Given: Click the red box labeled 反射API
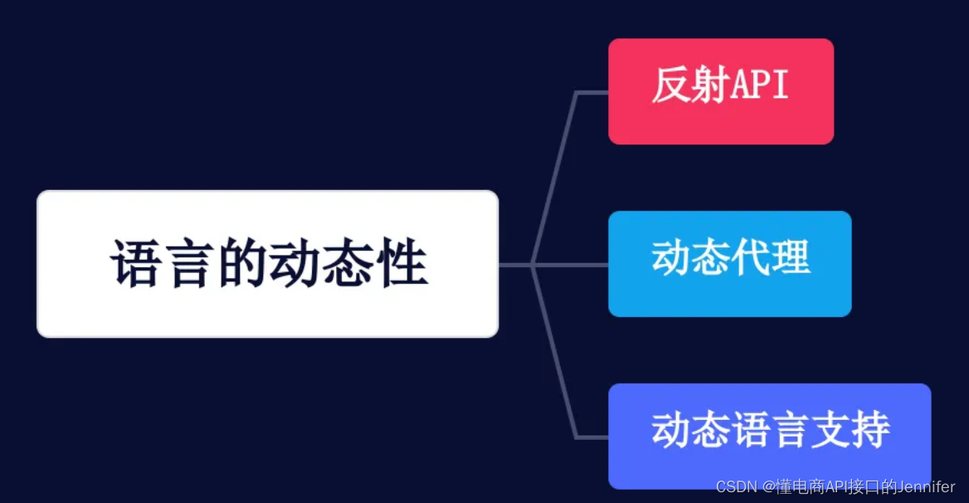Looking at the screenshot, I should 720,91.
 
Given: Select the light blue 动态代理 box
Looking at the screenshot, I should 729,264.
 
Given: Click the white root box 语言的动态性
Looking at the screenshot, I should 267,264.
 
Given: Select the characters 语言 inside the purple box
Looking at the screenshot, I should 771,430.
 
